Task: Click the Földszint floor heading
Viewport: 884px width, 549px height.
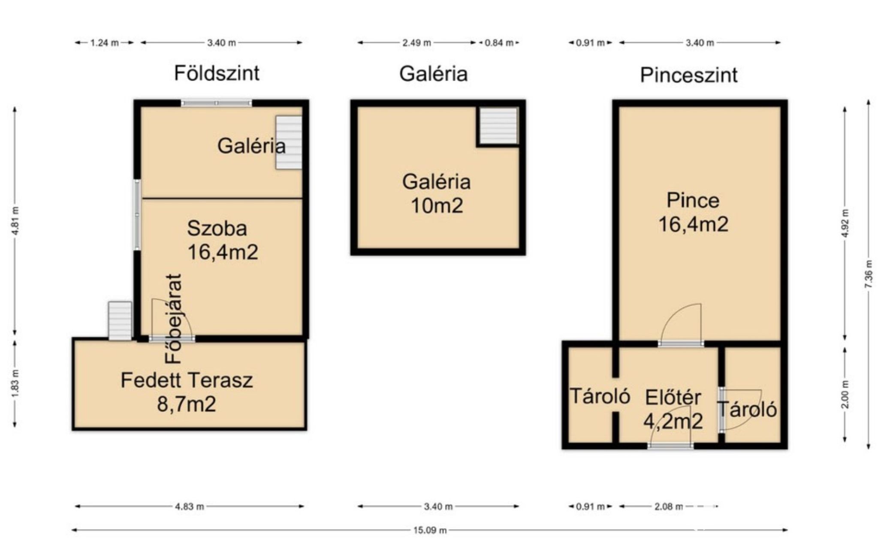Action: click(x=217, y=73)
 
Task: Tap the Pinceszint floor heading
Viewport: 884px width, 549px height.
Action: click(x=689, y=75)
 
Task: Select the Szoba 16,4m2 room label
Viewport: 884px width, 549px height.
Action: click(x=223, y=240)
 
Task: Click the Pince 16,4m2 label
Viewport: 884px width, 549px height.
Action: click(x=693, y=212)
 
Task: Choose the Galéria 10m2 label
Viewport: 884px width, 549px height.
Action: click(x=436, y=194)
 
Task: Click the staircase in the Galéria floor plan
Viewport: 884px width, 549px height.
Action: click(x=498, y=126)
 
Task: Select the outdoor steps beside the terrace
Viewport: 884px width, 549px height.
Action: click(x=120, y=321)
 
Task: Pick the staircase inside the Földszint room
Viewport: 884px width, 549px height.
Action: click(x=288, y=142)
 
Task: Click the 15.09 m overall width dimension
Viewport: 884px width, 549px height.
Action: click(x=430, y=530)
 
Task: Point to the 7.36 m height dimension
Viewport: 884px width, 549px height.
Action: click(x=869, y=274)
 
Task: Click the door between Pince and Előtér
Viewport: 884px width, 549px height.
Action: click(x=681, y=324)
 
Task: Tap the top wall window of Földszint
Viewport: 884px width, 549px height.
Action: click(x=216, y=103)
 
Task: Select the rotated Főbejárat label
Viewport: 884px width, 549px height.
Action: click(x=173, y=319)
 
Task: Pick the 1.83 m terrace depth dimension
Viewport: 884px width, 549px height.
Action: click(x=15, y=383)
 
